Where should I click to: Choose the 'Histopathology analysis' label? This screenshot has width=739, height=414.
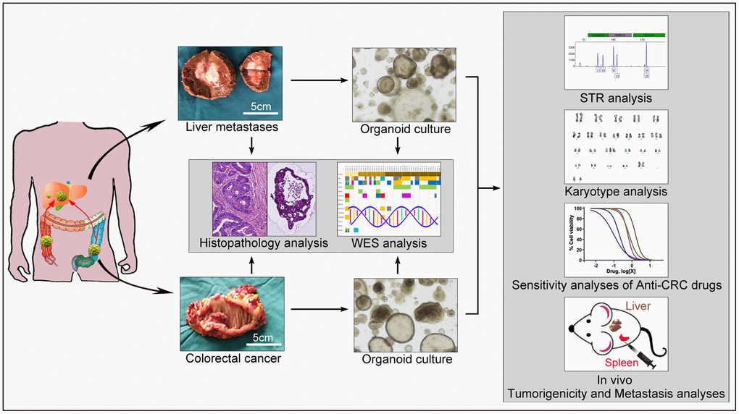coord(264,244)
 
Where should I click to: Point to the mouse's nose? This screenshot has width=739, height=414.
coord(572,329)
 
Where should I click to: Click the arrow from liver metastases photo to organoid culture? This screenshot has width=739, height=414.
coord(318,81)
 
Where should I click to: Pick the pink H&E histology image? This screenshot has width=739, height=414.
coord(240,198)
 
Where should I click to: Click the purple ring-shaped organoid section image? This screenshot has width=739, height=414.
coord(292,198)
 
